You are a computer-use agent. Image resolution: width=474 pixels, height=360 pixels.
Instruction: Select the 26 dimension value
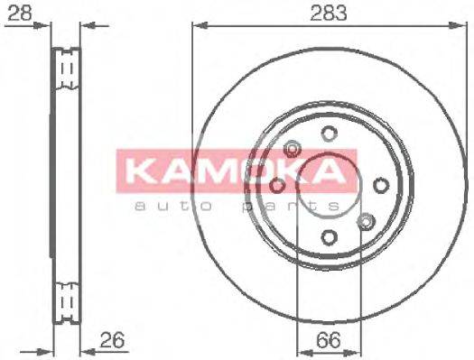111,340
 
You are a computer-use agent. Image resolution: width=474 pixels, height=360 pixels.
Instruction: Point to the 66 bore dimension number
330,340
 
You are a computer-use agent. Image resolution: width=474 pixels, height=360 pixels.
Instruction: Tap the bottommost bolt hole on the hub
330,236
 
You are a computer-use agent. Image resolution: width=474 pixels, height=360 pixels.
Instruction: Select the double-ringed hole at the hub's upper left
293,150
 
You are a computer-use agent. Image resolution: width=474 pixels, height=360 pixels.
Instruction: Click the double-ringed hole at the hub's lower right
366,221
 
